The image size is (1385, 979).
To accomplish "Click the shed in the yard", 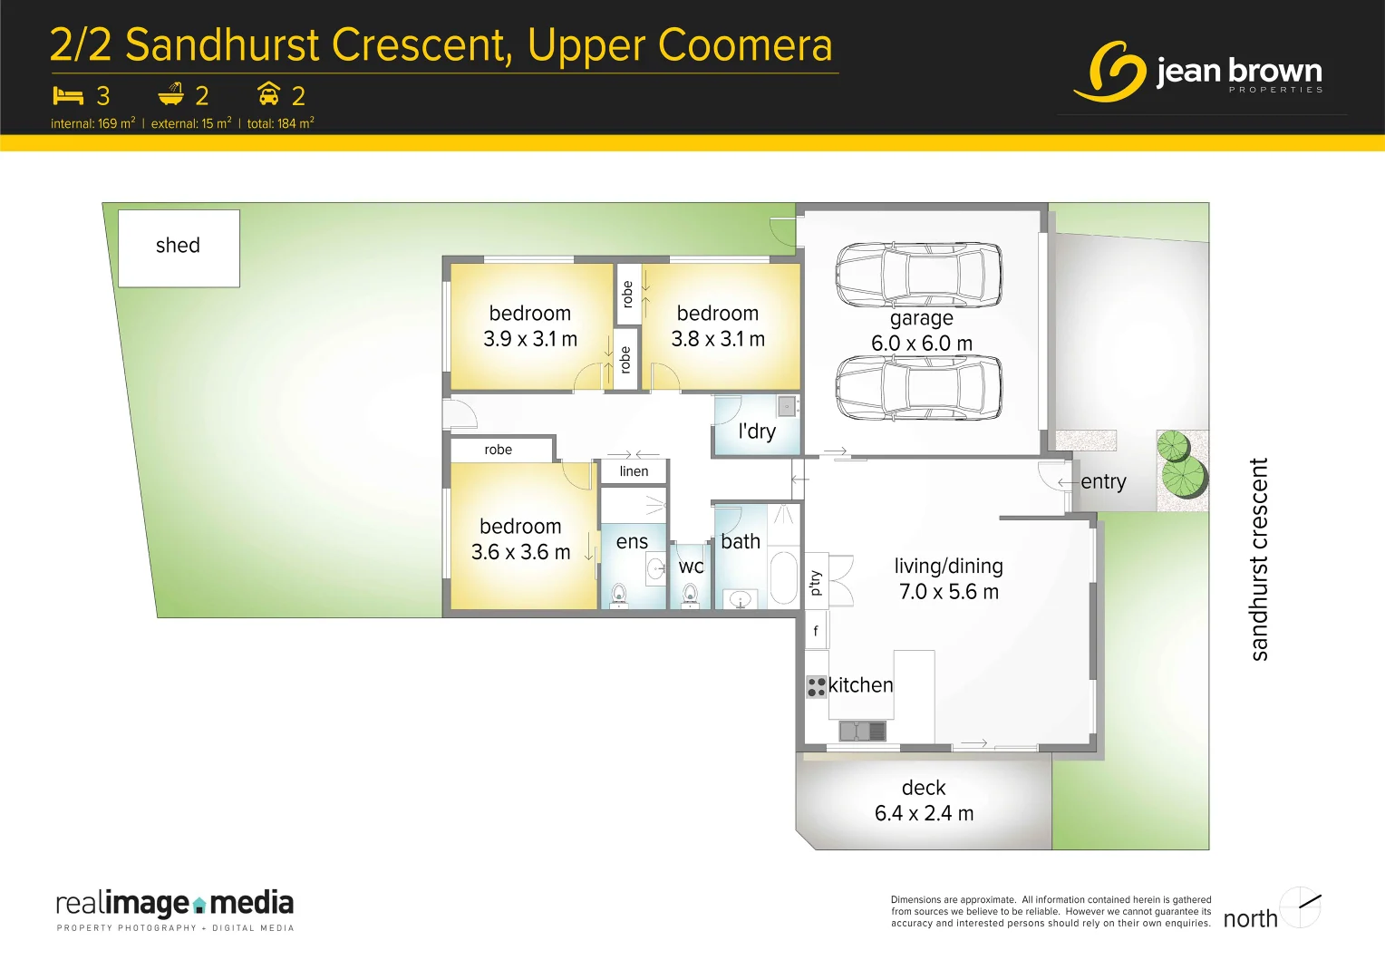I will [x=179, y=247].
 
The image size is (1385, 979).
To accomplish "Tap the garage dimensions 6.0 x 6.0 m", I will [x=921, y=344].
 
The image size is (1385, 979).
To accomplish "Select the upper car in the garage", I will [x=918, y=275].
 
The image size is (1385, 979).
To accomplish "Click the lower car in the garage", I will [x=918, y=387].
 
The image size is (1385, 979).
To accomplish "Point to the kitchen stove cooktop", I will [x=816, y=686].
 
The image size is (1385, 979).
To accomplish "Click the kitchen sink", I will [x=861, y=730].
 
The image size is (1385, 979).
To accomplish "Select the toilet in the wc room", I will [x=690, y=594].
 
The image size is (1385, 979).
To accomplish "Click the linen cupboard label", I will [x=634, y=471].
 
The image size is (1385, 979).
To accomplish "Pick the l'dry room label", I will [x=757, y=431].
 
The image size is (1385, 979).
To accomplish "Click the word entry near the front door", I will [x=1103, y=481].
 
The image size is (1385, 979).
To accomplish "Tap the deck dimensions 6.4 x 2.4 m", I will [x=924, y=813].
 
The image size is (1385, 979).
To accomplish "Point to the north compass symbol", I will [x=1301, y=906].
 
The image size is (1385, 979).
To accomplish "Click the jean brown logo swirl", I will [x=1111, y=71].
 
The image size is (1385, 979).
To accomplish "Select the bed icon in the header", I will [x=68, y=95].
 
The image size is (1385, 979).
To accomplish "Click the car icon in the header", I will [x=268, y=94].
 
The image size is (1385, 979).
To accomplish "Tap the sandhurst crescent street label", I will [x=1258, y=558].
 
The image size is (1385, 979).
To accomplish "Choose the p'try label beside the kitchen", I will [x=816, y=582].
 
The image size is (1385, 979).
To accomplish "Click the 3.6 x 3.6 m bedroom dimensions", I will [x=520, y=552].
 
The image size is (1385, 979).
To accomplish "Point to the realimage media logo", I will [x=175, y=907].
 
